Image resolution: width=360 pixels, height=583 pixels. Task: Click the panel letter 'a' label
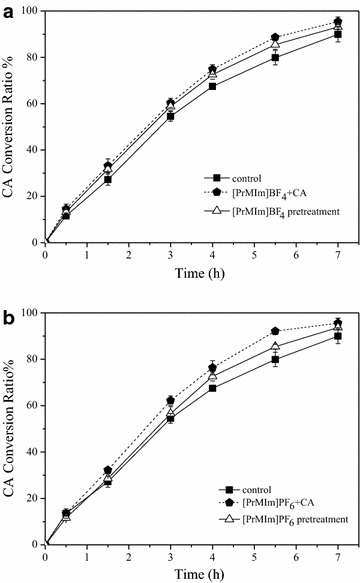[8, 8]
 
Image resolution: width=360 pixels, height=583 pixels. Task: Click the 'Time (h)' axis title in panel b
[192, 574]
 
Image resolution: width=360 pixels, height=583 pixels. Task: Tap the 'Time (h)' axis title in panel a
[192, 273]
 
